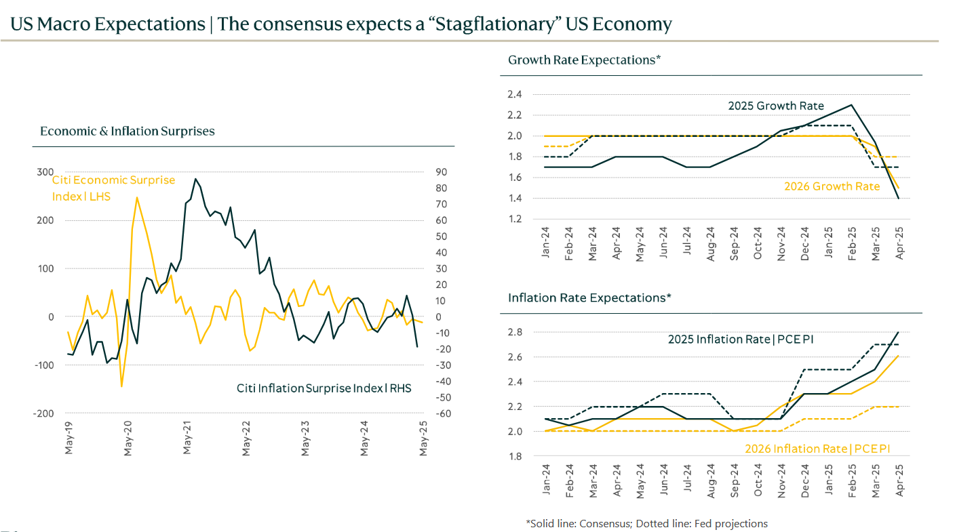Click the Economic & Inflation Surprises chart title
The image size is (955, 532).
[x=128, y=131]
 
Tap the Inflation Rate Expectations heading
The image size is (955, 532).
[x=589, y=298]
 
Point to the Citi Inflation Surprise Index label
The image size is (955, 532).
[x=324, y=388]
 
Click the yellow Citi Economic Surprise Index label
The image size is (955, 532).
[x=113, y=188]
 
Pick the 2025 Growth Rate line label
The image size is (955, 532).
[x=776, y=106]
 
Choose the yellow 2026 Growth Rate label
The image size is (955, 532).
[x=832, y=186]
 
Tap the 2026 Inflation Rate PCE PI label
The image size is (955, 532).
[x=817, y=449]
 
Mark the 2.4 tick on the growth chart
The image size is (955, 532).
[x=514, y=94]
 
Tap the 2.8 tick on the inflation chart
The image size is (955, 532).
[x=514, y=332]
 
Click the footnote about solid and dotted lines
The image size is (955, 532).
[x=646, y=523]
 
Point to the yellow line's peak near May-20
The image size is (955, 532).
[x=136, y=197]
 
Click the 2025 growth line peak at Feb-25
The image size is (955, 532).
[x=851, y=104]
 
